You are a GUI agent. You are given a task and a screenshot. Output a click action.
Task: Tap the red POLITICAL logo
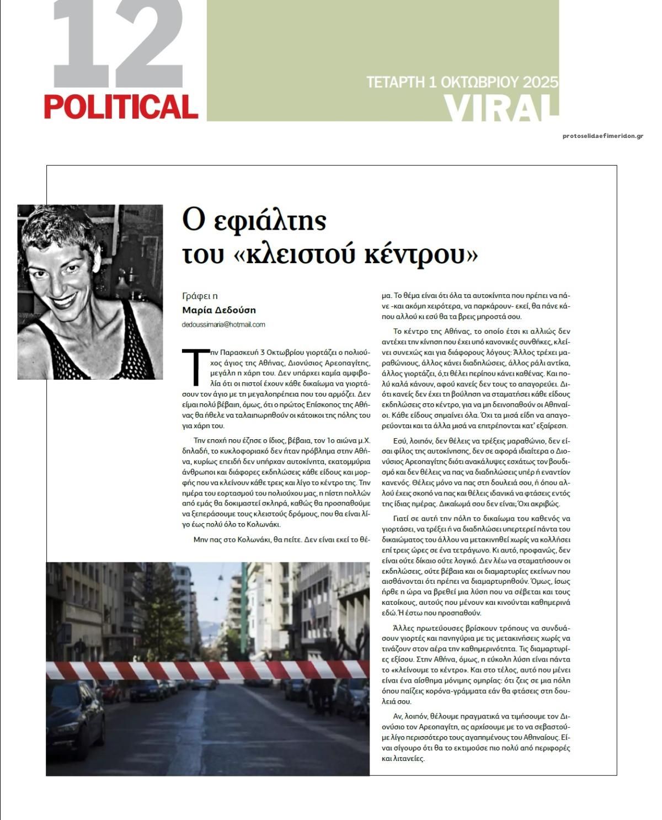121,107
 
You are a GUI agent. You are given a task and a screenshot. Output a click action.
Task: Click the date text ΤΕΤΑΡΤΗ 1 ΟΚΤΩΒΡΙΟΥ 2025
462,82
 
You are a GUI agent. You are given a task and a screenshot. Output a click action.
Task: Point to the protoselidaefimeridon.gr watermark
603,136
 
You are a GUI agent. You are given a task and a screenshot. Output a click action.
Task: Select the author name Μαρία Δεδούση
219,310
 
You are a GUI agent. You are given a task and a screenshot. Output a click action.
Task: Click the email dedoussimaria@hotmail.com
223,324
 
